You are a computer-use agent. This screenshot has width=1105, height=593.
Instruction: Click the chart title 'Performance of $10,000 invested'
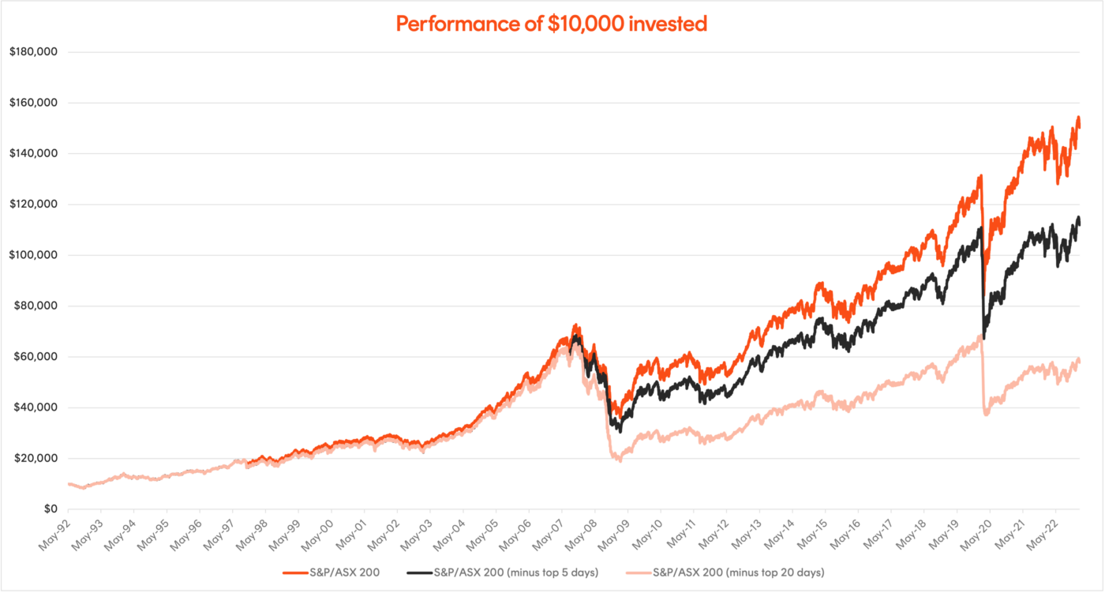point(551,24)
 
